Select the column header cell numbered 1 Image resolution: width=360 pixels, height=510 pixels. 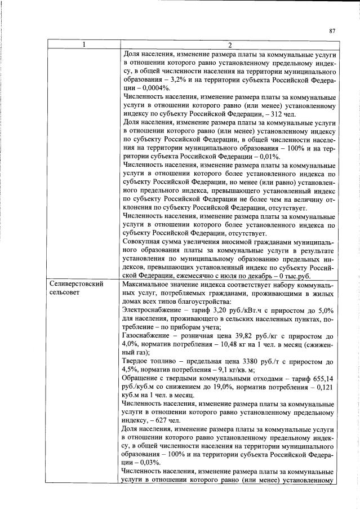(x=83, y=45)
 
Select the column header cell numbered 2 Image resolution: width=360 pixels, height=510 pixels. (x=230, y=45)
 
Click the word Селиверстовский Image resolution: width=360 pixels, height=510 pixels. (x=76, y=284)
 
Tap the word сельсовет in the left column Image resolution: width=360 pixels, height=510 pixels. (x=65, y=294)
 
